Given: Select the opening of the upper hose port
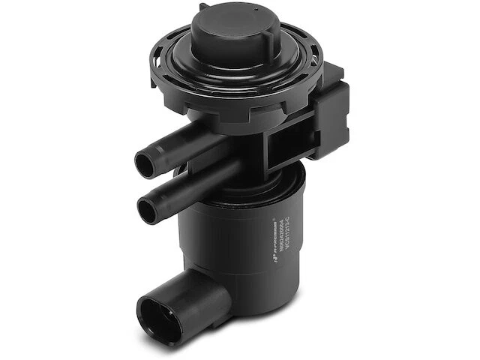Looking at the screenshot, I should click(x=145, y=161).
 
